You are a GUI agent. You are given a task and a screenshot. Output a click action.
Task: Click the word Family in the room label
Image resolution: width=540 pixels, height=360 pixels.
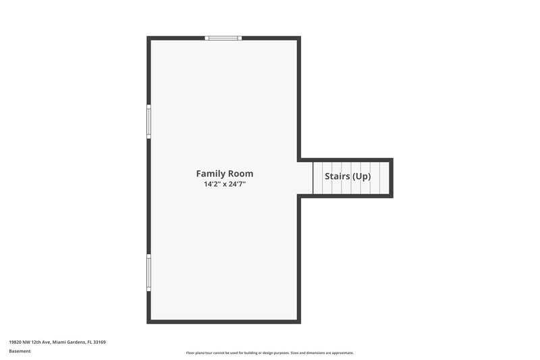210,174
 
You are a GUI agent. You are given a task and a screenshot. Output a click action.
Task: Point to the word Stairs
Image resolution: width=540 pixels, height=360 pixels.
337,177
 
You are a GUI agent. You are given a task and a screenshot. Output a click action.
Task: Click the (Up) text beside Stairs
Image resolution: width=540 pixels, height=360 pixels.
362,177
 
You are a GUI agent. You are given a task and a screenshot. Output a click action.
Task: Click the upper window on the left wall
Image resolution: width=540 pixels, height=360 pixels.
149,122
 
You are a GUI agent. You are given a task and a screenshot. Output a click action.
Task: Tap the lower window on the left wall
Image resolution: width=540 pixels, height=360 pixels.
149,272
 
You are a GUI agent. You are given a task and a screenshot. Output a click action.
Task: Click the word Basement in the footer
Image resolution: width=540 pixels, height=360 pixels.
20,351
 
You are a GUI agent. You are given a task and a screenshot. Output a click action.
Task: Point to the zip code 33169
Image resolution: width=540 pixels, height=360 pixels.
99,342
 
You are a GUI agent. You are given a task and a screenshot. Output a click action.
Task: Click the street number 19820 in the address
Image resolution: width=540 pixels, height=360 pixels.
16,342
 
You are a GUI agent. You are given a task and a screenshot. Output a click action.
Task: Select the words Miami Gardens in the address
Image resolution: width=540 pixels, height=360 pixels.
68,342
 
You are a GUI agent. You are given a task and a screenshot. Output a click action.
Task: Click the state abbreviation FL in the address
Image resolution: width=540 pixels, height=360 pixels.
89,342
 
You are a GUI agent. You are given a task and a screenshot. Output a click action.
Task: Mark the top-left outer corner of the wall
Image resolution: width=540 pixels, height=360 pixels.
148,38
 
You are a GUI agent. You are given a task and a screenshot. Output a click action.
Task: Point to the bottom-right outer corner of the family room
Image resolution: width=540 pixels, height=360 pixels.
299,322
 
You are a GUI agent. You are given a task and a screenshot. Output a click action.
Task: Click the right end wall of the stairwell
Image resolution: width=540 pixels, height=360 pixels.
391,178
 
